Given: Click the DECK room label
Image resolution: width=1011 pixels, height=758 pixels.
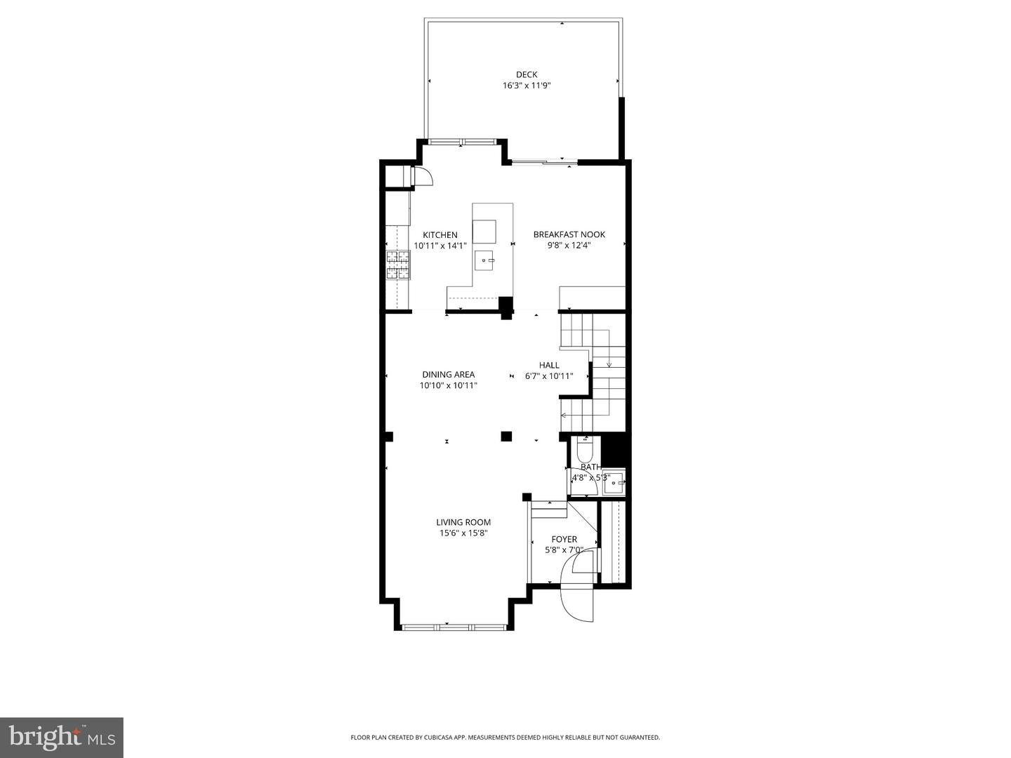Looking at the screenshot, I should coord(527,74).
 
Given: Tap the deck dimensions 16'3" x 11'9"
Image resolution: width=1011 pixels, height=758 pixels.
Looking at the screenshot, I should coord(527,86).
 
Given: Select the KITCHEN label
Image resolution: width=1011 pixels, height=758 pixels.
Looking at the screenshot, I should coord(440,235).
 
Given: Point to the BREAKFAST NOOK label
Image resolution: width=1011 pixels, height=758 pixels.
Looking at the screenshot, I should coord(569,234).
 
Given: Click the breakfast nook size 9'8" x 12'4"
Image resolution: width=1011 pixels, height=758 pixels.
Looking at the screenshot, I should coord(569,246).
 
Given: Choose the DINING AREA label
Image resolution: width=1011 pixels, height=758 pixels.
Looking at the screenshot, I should coord(448,374).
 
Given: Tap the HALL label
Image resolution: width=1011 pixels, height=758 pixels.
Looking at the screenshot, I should coord(549,365).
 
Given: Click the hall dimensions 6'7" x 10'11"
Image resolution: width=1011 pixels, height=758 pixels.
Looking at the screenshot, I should coord(549,376).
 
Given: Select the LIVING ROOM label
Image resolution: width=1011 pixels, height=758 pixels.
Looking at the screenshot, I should coord(463,522).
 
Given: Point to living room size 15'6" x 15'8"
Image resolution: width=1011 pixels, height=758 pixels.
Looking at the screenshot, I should coord(463,533).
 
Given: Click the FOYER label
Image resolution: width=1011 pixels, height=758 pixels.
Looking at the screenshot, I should coord(564,539).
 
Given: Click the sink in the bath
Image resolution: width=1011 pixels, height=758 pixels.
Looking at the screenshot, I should coord(613,482).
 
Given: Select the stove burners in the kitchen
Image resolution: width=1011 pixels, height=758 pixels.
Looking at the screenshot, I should coord(397,265).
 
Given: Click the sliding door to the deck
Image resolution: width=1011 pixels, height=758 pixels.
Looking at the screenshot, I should coord(545,163).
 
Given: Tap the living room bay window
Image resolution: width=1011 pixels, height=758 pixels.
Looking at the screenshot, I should coord(454,625).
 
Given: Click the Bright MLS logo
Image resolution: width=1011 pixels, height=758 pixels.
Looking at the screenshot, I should coord(61,737).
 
